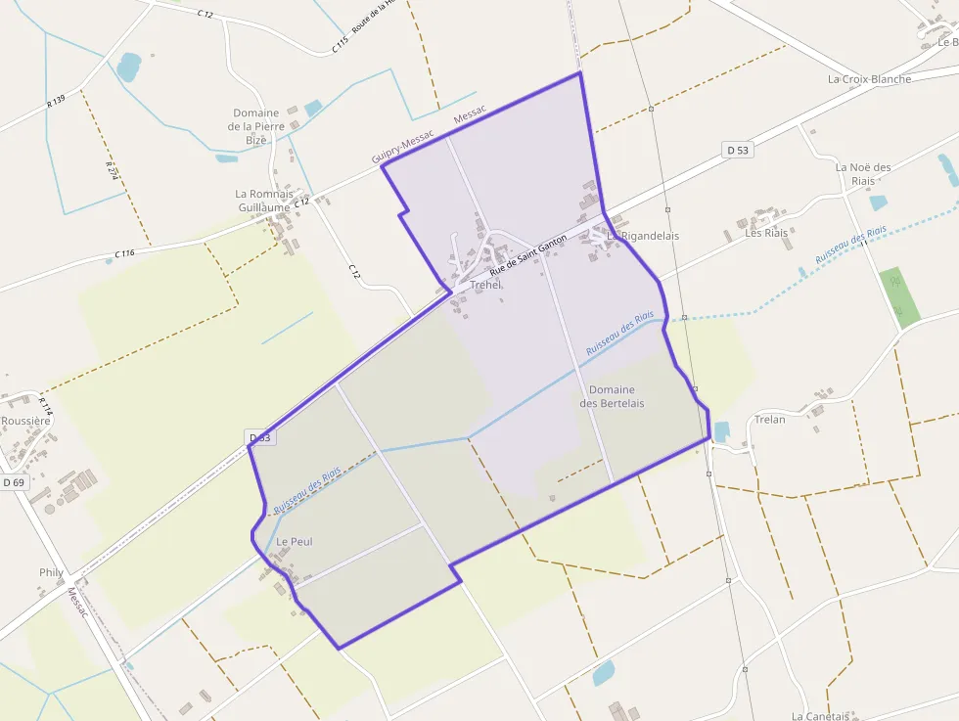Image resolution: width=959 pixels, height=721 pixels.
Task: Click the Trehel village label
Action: [485, 285]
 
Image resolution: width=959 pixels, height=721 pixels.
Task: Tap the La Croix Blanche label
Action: [869, 79]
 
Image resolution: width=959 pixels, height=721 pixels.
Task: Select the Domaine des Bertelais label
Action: [612, 396]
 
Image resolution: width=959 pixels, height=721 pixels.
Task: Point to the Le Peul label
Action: [294, 541]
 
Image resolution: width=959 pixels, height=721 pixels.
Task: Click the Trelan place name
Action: [770, 420]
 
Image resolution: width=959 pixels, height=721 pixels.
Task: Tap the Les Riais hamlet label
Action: [766, 233]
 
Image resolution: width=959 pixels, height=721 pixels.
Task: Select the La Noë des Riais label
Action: [863, 173]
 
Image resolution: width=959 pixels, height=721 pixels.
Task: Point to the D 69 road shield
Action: [13, 482]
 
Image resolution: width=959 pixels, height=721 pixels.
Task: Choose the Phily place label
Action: [51, 572]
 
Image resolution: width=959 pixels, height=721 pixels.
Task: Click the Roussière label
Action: [25, 421]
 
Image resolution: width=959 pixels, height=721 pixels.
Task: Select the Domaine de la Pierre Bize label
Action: [256, 126]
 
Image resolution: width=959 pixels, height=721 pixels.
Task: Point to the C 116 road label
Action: [123, 253]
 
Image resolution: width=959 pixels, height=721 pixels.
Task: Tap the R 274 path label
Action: [112, 168]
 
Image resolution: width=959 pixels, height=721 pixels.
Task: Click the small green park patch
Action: [899, 296]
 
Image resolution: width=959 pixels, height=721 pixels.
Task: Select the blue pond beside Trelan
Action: [722, 431]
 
